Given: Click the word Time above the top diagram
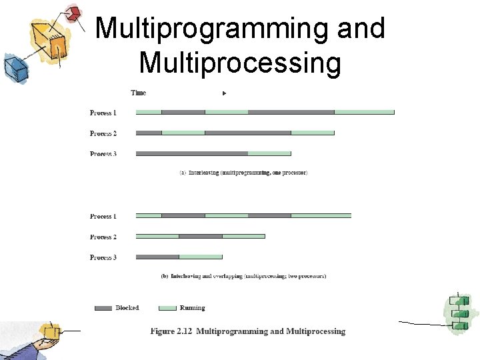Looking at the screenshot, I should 138,93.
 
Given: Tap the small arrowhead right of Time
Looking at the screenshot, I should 225,93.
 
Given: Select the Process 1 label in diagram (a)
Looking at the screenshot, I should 103,113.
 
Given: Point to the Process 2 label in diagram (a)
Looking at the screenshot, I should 103,133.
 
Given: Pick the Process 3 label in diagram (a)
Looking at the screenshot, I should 103,154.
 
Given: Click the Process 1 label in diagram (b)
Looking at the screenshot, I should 103,216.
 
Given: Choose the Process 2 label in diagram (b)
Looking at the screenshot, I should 103,237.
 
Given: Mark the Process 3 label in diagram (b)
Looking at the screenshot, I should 103,257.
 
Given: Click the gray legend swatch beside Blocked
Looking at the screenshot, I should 103,308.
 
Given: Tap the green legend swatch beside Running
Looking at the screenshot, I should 167,308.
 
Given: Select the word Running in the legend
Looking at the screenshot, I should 193,308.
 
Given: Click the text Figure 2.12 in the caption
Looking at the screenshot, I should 171,331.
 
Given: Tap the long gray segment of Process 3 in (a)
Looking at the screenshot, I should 192,153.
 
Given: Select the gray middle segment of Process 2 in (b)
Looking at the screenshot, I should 201,236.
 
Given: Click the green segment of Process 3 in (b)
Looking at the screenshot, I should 201,257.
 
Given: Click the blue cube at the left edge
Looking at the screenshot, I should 14,66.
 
